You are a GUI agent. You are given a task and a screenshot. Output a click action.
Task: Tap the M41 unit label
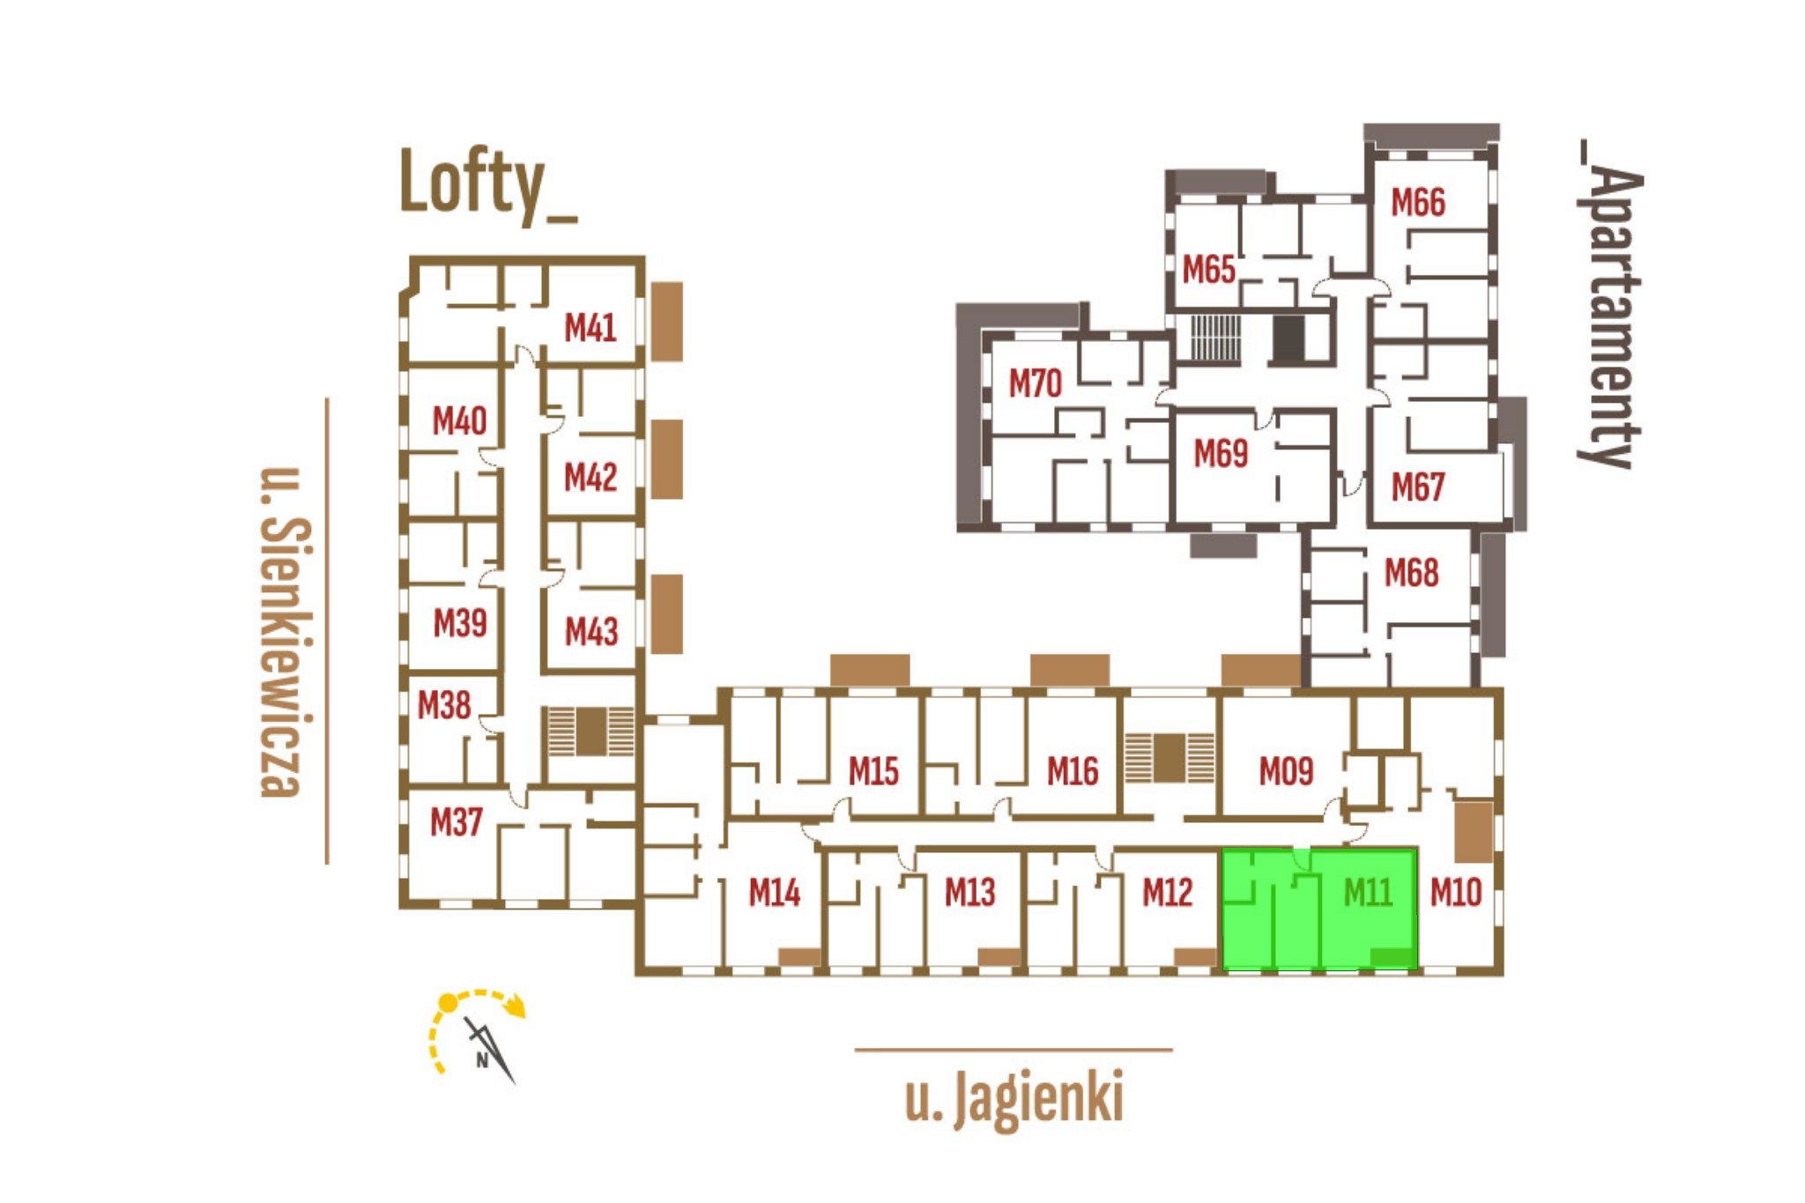tap(590, 328)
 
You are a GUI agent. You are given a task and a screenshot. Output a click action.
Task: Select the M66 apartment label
tap(1417, 202)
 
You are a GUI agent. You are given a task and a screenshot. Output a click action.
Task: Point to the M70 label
tap(1035, 383)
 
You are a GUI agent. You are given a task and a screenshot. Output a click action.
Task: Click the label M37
tap(456, 822)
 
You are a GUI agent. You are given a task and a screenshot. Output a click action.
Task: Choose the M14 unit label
tap(774, 893)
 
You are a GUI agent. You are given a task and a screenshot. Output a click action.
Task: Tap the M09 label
tap(1286, 772)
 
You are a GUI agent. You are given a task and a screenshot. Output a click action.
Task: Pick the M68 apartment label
tap(1411, 573)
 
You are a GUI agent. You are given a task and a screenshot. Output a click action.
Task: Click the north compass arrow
tap(489, 1049)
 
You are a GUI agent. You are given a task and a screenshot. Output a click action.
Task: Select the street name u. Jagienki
tap(1014, 1097)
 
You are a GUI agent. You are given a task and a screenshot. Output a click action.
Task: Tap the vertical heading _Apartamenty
tap(1609, 304)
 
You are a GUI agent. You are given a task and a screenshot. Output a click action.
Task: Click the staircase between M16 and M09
tap(1170, 758)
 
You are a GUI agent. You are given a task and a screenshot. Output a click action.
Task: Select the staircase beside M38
tap(591, 731)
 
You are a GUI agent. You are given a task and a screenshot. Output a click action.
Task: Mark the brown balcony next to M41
tap(667, 322)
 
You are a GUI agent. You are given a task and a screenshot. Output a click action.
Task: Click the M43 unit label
tap(591, 631)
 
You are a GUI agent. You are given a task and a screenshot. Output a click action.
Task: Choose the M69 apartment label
tap(1220, 454)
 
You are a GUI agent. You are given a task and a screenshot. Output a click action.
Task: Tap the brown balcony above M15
tap(870, 670)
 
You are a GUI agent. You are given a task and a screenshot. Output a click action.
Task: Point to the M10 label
tap(1455, 893)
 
